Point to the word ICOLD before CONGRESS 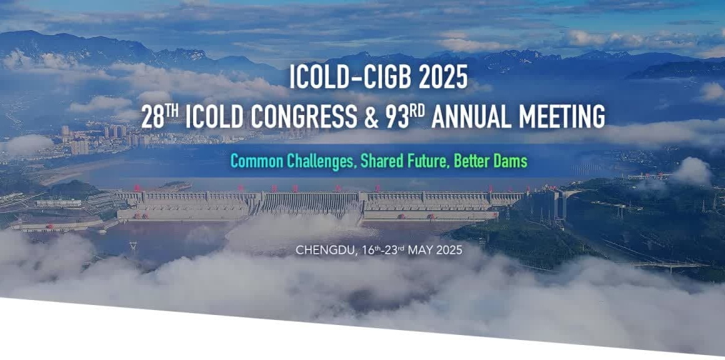[x=215, y=117]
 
